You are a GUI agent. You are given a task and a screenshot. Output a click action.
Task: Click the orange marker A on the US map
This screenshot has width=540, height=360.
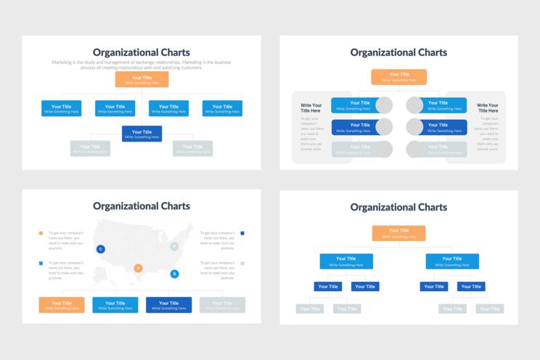(138, 268)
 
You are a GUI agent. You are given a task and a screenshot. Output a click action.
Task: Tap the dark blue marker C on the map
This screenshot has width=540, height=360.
(100, 249)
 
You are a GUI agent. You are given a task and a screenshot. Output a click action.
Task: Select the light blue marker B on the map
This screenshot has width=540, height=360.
(174, 274)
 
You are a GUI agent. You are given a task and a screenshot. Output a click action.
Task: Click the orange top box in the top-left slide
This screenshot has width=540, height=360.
(142, 79)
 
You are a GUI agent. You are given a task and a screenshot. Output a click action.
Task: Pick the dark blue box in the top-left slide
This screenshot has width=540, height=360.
(142, 134)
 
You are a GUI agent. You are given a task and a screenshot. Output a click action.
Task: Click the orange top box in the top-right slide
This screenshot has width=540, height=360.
(398, 77)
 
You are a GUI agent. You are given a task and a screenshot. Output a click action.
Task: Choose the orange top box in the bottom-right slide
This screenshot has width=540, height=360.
(398, 233)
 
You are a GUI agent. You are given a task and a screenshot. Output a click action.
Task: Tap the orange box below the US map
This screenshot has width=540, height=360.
(62, 305)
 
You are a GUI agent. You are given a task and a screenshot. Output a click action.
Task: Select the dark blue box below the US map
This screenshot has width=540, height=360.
(168, 305)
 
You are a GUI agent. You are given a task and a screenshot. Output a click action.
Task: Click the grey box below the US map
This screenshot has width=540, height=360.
(222, 305)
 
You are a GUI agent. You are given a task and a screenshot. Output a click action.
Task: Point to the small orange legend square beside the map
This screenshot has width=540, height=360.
(41, 234)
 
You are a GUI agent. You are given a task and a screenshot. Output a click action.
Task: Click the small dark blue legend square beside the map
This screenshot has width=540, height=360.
(242, 234)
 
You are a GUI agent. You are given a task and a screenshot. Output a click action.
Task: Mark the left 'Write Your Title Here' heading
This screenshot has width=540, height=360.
(311, 108)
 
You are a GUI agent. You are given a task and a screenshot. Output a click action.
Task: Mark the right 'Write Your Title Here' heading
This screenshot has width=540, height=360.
(488, 108)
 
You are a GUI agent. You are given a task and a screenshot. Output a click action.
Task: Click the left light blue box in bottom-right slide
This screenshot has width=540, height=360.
(346, 261)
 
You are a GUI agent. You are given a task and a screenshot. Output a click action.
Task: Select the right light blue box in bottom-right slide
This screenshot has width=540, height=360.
(451, 261)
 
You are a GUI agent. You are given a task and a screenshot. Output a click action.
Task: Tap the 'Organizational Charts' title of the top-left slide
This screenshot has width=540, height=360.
(142, 52)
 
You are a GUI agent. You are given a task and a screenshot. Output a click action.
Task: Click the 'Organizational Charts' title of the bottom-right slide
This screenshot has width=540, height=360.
(398, 207)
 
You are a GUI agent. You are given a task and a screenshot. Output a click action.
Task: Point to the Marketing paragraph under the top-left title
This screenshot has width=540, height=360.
(142, 65)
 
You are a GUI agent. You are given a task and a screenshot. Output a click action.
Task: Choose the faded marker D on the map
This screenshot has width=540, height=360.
(174, 247)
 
